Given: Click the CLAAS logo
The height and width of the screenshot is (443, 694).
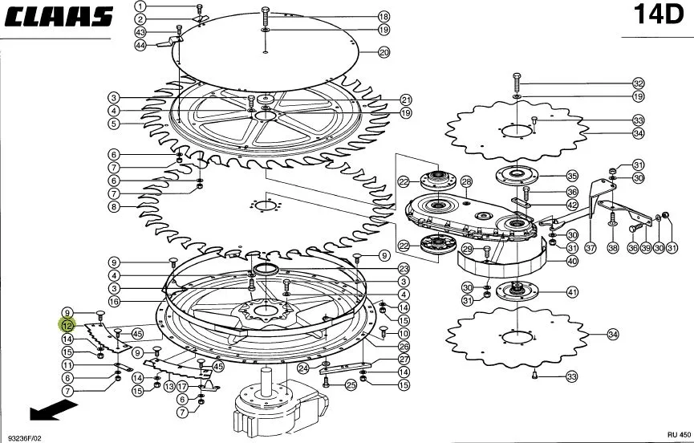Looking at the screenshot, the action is click(x=59, y=17).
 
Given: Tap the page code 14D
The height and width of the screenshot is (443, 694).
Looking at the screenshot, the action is click(x=659, y=14).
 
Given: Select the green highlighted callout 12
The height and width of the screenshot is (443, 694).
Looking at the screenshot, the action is click(x=67, y=326).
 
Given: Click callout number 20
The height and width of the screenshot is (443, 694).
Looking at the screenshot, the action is click(x=384, y=52).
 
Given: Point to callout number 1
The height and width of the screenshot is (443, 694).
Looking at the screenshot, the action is click(x=140, y=6).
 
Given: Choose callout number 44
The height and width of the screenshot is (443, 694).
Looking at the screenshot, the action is click(x=140, y=45).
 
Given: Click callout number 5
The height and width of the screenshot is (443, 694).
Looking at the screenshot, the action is click(x=114, y=124).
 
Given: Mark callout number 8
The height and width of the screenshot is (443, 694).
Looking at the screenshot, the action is click(x=114, y=207).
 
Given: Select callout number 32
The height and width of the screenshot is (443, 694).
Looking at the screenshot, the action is click(x=638, y=83).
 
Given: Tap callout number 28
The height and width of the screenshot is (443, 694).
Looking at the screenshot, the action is click(x=466, y=181).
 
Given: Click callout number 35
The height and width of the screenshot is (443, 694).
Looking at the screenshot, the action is click(x=572, y=176).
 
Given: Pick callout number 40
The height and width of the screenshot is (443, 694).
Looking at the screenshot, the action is click(x=572, y=261).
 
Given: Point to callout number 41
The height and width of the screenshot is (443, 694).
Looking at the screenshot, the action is click(x=572, y=292).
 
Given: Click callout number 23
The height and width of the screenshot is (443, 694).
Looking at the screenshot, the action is click(x=404, y=269).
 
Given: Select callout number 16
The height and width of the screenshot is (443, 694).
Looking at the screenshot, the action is click(x=114, y=302).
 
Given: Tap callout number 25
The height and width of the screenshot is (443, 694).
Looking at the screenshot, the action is click(x=351, y=385).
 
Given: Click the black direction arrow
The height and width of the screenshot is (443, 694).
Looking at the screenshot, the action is click(x=53, y=409).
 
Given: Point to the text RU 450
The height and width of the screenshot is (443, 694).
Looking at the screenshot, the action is click(x=679, y=435).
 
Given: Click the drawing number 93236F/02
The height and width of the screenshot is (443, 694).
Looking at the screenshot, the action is click(x=24, y=438).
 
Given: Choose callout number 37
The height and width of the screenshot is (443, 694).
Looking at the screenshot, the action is click(x=591, y=248).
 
